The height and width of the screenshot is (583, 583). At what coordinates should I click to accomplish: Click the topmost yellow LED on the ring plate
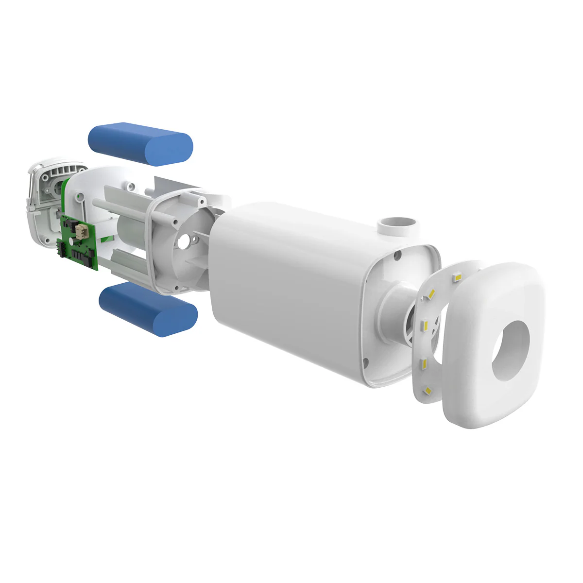(x=457, y=276)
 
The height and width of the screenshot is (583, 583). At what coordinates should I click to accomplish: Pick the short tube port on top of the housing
(x=395, y=224)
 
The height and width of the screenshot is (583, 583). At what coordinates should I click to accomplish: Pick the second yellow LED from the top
(x=432, y=293)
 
